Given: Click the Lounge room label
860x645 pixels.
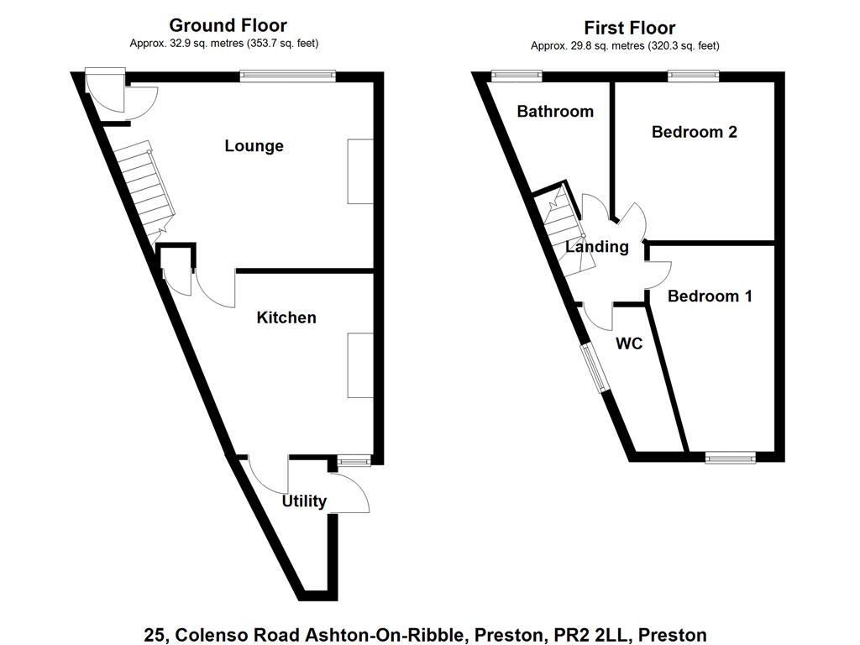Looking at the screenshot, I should tap(254, 146).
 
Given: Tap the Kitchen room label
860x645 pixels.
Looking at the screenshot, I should tap(286, 317).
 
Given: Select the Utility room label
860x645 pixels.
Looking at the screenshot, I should tap(304, 501).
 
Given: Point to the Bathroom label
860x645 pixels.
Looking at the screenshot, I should tap(555, 112).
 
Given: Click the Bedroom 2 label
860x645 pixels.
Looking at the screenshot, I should tap(695, 132).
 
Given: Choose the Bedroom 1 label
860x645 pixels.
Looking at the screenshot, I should tap(710, 296).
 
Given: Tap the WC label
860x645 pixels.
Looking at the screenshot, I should tap(629, 343).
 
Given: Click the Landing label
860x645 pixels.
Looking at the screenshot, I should tap(596, 247).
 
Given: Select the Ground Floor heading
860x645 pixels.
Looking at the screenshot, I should tap(228, 26).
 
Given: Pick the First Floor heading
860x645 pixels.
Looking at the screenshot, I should tap(630, 29).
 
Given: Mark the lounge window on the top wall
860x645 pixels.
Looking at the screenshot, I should tap(288, 76).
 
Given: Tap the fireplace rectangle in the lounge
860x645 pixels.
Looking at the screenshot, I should tap(360, 171).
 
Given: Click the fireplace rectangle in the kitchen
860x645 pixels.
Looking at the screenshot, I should tap(360, 365).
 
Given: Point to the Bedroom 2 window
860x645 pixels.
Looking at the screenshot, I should tap(694, 76).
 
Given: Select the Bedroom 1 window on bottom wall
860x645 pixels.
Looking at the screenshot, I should tap(730, 458).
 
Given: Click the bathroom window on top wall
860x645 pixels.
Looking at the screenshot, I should tap(517, 76).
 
